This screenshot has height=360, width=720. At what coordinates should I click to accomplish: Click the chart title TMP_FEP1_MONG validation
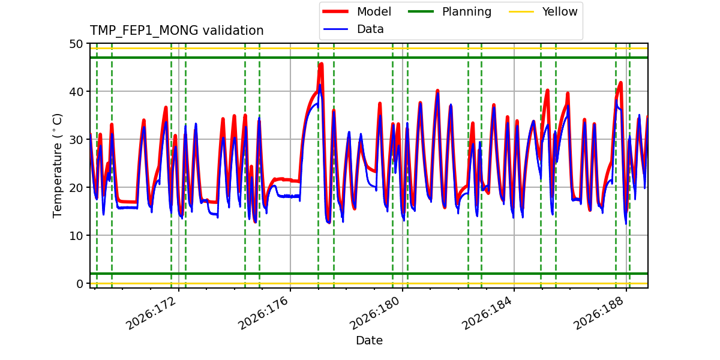[x=176, y=31]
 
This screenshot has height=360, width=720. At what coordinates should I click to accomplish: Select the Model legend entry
[x=357, y=11]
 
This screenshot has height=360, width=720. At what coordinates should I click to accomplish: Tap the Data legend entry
[x=353, y=29]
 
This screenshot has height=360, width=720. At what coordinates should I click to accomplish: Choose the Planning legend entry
[x=449, y=11]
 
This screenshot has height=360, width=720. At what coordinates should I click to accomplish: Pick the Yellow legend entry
[x=543, y=11]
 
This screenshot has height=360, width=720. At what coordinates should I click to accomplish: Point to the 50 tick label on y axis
[x=76, y=44]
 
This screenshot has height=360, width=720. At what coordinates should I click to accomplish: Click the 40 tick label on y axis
[x=76, y=92]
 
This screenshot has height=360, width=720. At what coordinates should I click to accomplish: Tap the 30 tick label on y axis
[x=76, y=139]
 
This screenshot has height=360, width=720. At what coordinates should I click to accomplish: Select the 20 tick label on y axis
[x=76, y=187]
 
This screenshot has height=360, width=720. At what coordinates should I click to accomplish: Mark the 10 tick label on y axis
[x=76, y=236]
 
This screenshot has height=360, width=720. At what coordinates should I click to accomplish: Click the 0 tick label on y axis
[x=79, y=283]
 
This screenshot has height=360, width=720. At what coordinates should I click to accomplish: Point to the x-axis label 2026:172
[x=151, y=313]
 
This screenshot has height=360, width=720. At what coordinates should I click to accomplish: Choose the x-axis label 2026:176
[x=263, y=313]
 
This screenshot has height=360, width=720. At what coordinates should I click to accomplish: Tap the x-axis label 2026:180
[x=375, y=313]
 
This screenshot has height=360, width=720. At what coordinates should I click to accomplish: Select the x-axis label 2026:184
[x=487, y=313]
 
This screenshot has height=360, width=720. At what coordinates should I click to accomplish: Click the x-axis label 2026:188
[x=599, y=313]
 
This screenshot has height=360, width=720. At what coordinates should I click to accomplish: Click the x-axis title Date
[x=370, y=340]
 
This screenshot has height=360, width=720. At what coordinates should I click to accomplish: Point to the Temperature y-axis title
[x=57, y=166]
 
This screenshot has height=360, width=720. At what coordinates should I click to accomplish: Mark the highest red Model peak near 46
[x=321, y=64]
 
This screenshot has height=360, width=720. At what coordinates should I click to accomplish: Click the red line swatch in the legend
[x=335, y=11]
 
